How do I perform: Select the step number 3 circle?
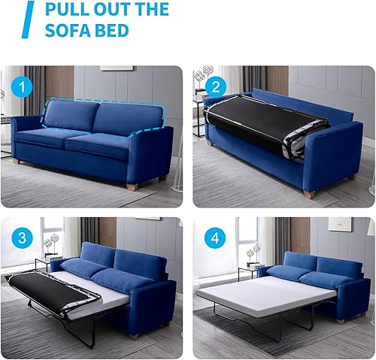(x=23, y=240)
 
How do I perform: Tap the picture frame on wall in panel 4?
(x=339, y=223)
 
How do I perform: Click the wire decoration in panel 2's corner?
(x=203, y=75)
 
